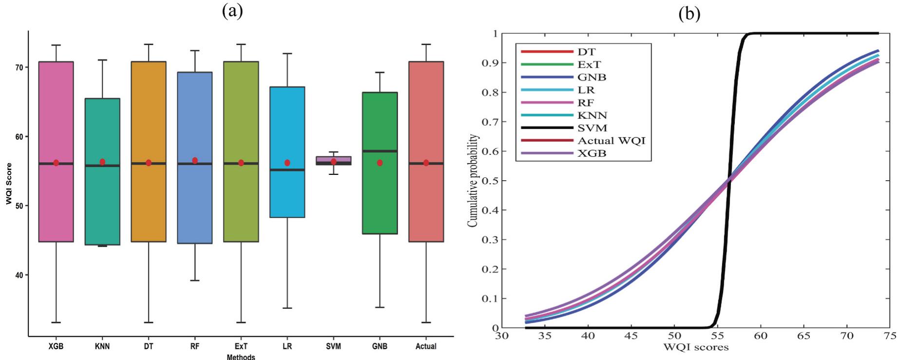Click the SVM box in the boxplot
[x=333, y=160]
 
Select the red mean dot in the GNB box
[x=380, y=163]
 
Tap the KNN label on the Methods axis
[x=102, y=346]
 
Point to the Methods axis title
[x=241, y=357]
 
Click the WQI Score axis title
[x=9, y=183]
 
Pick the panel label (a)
[x=232, y=11]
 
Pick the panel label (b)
[x=689, y=14]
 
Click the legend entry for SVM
[x=592, y=128]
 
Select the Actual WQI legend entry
[x=611, y=141]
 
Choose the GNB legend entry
[x=592, y=77]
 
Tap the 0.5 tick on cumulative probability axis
[x=490, y=181]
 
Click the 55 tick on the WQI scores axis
[x=717, y=336]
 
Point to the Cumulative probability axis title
[x=472, y=181]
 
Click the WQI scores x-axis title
[x=695, y=347]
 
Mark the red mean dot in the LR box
[x=287, y=163]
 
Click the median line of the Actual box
[x=426, y=164]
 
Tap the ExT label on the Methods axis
[x=241, y=346]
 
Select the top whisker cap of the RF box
[x=194, y=50]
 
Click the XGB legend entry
[x=592, y=153]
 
